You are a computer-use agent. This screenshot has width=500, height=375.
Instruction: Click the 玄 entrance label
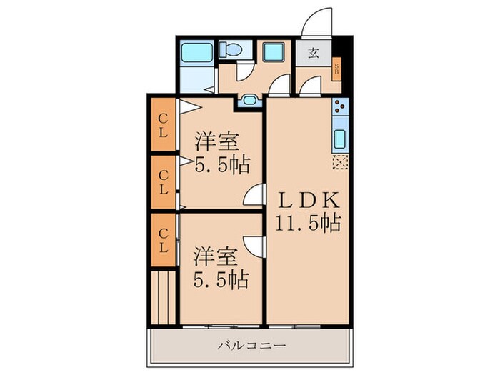click(x=314, y=53)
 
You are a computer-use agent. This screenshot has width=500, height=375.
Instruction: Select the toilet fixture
click(x=231, y=50)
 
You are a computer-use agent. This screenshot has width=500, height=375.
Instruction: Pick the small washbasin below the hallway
click(x=249, y=99)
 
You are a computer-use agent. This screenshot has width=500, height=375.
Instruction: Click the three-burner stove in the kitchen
click(x=339, y=109)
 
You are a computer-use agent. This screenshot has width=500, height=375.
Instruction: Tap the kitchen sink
click(x=339, y=138)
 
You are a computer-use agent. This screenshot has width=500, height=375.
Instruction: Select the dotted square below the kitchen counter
click(x=339, y=162)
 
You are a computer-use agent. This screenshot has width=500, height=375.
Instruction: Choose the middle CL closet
click(x=163, y=182)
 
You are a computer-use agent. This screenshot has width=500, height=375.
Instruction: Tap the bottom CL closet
click(x=163, y=240)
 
